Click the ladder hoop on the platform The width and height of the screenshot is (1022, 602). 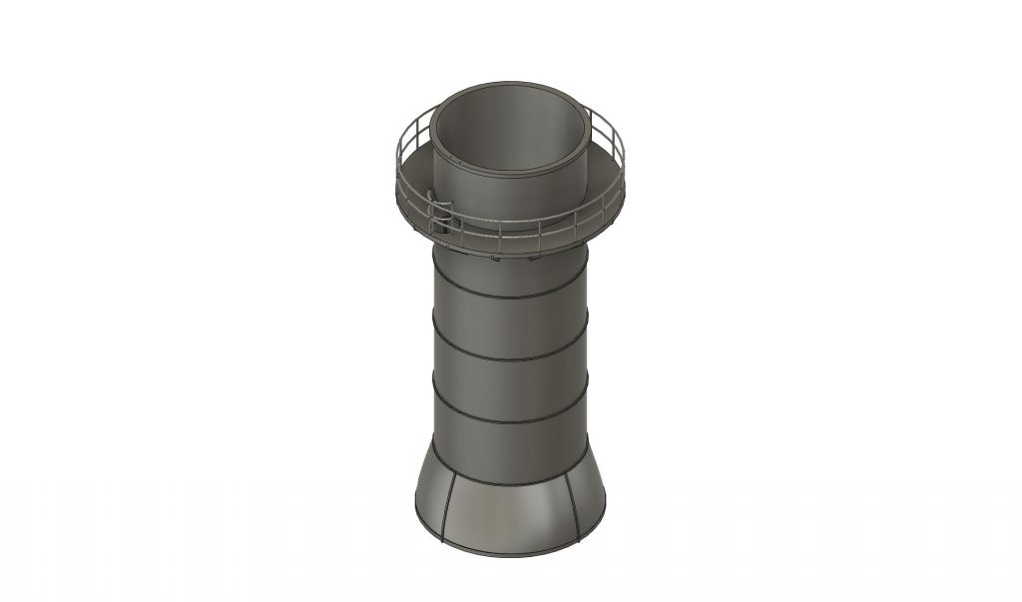[x=442, y=211]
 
